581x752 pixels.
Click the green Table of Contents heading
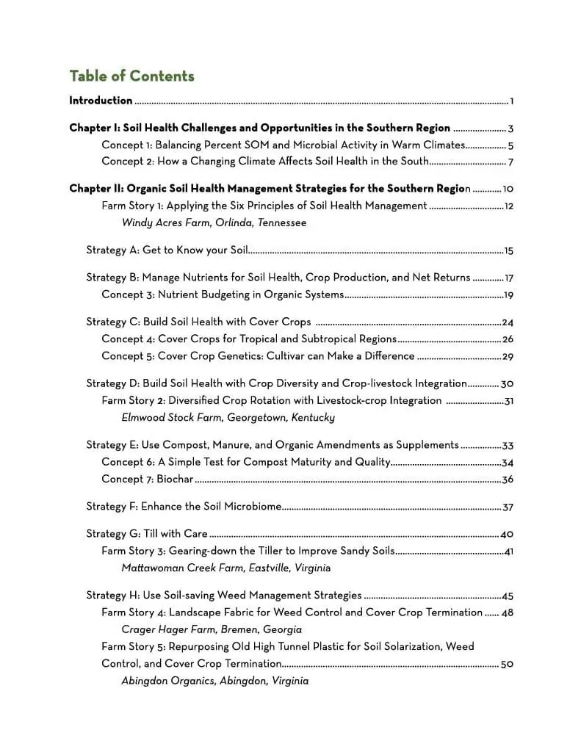tap(131, 76)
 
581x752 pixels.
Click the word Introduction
tap(101, 101)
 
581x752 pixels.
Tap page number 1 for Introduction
tap(511, 101)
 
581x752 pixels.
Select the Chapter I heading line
tap(260, 128)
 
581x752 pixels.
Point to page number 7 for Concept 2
tap(510, 162)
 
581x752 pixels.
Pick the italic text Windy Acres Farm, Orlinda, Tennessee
tap(214, 223)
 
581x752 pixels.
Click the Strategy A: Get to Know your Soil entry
tap(167, 250)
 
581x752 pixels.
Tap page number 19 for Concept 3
tap(508, 296)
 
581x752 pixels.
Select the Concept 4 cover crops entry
tap(249, 339)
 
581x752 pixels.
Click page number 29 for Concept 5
tap(508, 357)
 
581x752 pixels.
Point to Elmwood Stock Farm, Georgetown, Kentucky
tap(228, 418)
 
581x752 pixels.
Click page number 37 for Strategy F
tap(508, 507)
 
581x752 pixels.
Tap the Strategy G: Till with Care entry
tap(147, 534)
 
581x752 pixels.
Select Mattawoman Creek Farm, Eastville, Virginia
tap(225, 568)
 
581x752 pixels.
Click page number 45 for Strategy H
tap(508, 596)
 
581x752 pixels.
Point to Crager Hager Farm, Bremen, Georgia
tap(212, 630)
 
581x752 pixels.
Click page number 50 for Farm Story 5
tap(507, 665)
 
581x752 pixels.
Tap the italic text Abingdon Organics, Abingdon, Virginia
tap(214, 681)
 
